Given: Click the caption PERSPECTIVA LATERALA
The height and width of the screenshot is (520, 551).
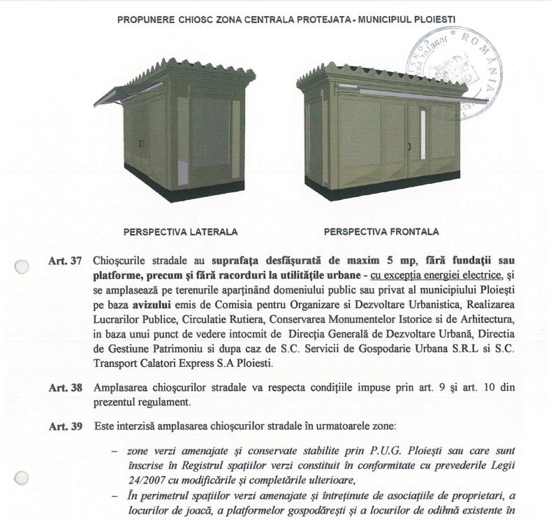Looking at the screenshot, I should [x=180, y=232].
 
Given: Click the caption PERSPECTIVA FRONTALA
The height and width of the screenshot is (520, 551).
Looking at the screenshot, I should [x=381, y=232].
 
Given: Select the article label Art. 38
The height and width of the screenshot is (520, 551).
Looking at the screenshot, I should [x=65, y=387].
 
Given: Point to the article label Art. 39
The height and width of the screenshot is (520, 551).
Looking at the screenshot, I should [x=65, y=426].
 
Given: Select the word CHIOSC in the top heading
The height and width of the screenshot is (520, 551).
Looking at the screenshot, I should [x=207, y=15].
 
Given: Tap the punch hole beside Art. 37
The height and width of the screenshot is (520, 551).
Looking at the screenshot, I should [x=22, y=266].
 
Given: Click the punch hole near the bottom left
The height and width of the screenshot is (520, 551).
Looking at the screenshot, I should [x=22, y=477].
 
